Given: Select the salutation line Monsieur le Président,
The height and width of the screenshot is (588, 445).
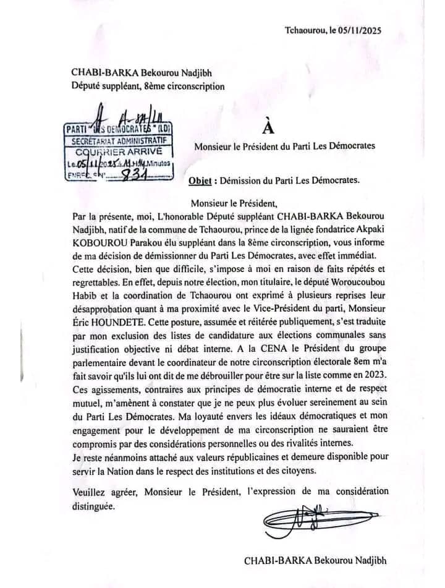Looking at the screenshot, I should point(235,202).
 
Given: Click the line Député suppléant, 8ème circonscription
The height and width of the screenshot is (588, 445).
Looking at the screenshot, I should point(148,87).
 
